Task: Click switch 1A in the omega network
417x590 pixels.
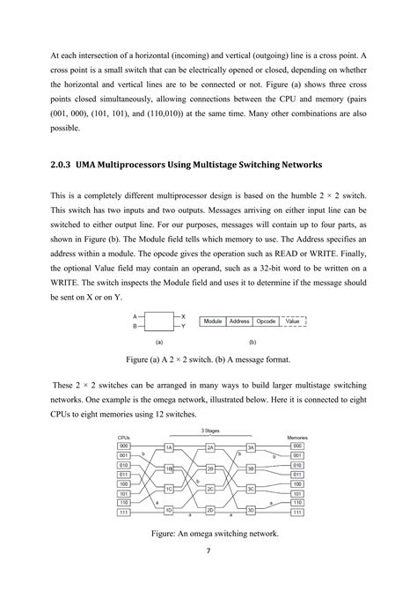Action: coord(169,447)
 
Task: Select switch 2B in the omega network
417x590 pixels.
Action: coord(210,469)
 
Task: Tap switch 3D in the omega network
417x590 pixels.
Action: coord(251,510)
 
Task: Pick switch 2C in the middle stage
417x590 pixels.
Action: coord(210,489)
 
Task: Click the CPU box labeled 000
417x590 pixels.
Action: coord(124,446)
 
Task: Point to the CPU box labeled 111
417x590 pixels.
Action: coord(124,512)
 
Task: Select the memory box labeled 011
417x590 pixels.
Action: coord(297,475)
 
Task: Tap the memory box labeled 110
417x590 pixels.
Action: coord(297,502)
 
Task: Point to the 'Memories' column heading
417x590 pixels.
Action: coord(297,437)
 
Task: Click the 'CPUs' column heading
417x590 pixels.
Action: coord(124,437)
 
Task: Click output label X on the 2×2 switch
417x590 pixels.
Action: coord(183,316)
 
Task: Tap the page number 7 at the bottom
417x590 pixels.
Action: coord(208,552)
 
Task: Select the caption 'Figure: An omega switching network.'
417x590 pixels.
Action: coord(208,533)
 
